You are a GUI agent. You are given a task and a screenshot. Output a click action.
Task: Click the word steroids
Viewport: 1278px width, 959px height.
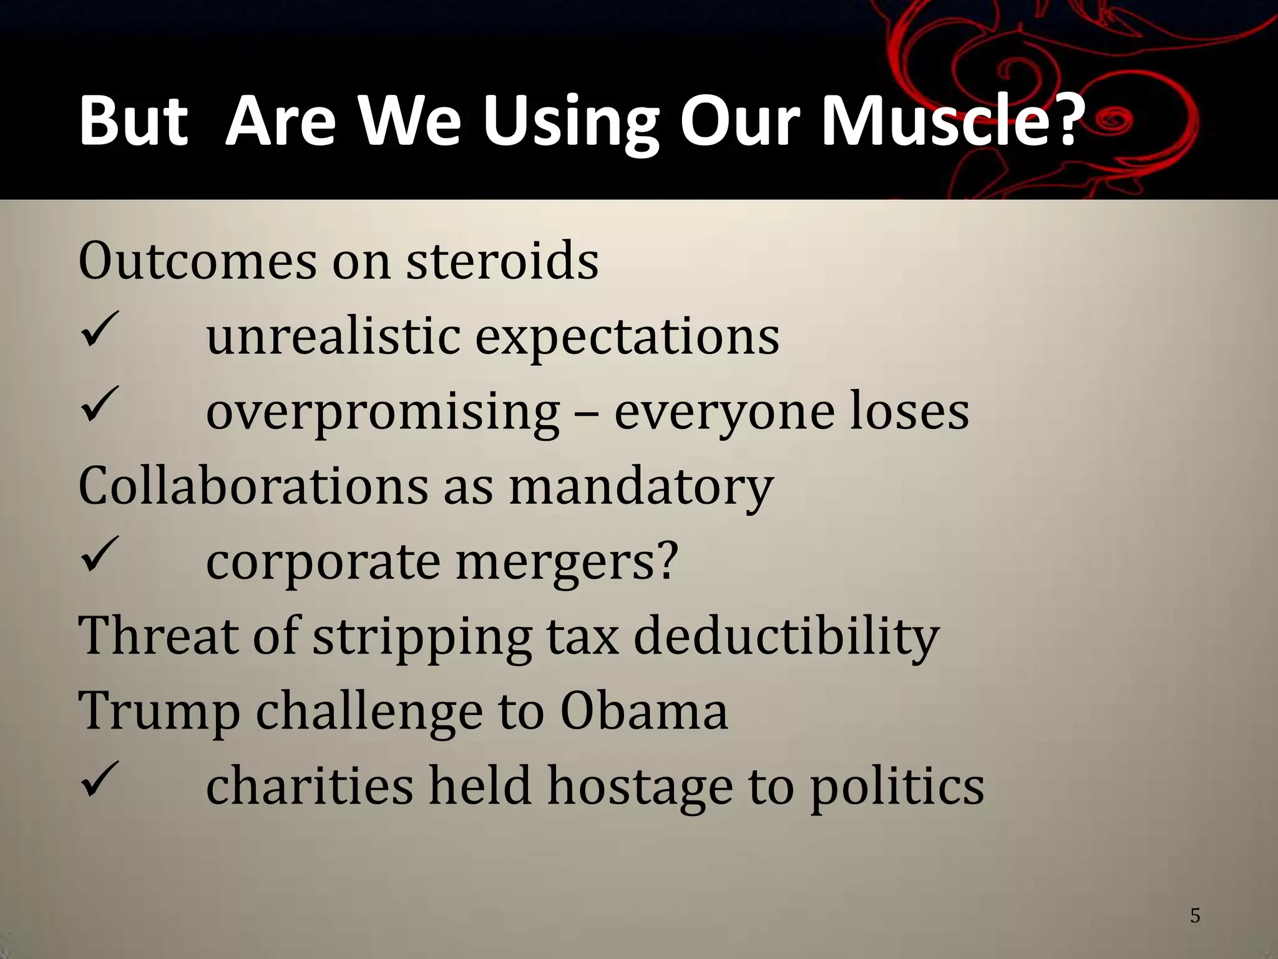tap(502, 260)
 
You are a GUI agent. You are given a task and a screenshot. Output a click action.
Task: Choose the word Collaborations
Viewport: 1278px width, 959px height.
tap(253, 485)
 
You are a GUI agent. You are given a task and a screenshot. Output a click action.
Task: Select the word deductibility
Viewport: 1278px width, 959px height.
tap(786, 636)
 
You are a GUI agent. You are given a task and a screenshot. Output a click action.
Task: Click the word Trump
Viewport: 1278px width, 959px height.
tap(159, 712)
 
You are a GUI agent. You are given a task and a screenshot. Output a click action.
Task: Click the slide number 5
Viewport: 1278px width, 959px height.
tap(1195, 916)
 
